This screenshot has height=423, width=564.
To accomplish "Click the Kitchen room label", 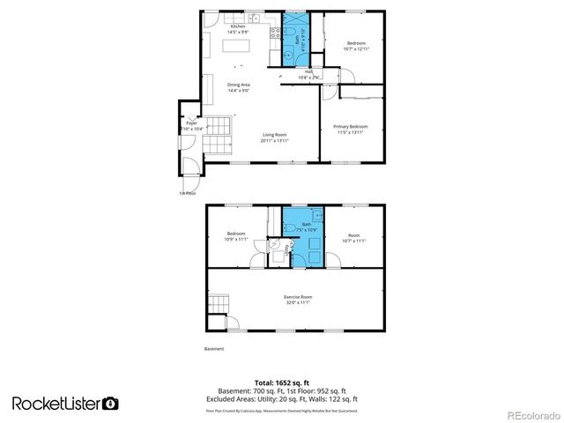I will tap(238, 27).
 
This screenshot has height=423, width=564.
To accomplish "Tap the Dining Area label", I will tap(240, 85).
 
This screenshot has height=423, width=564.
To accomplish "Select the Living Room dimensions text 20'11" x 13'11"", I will tap(274, 140).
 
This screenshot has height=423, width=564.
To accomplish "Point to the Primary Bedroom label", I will tap(350, 127).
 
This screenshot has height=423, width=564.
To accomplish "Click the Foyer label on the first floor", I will tap(190, 123).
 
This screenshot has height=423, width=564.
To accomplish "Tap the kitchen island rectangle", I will tap(235, 56).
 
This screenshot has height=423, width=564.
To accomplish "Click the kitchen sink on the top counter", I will tap(253, 19).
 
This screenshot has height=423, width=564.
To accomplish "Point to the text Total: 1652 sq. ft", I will tap(282, 382).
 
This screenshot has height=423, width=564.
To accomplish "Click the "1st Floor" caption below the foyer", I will tap(188, 192).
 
